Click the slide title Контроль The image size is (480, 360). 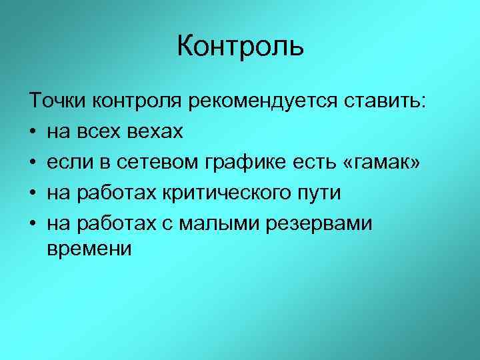[x=240, y=47]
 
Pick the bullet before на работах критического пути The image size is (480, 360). [x=33, y=194]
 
